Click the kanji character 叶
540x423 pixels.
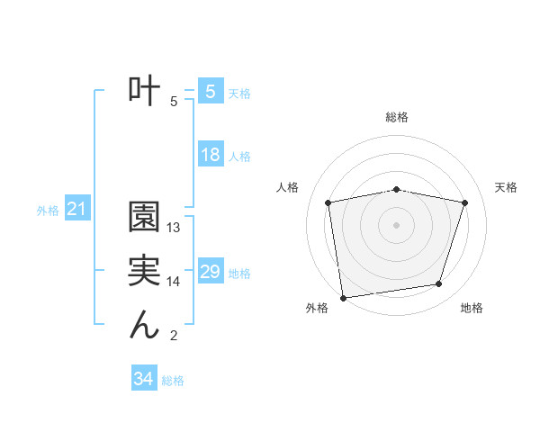tap(144, 90)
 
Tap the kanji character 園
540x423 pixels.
tap(144, 219)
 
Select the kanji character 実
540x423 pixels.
tap(144, 273)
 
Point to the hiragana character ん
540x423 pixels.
tap(144, 325)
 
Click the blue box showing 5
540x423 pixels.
tap(210, 91)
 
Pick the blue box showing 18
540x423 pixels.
tap(211, 155)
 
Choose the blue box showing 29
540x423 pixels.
tap(211, 272)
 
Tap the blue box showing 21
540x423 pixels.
tap(77, 210)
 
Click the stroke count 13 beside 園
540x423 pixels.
tap(175, 229)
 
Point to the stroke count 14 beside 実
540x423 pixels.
tap(175, 282)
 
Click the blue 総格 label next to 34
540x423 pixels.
tap(173, 381)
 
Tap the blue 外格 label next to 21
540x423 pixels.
tap(48, 211)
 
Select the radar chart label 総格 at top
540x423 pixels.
tap(397, 117)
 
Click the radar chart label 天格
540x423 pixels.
tap(507, 187)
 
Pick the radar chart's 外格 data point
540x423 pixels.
tap(343, 297)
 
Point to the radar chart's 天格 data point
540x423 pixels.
tap(464, 202)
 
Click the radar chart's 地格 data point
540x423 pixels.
tap(438, 284)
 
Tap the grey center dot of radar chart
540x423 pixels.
tap(397, 225)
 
